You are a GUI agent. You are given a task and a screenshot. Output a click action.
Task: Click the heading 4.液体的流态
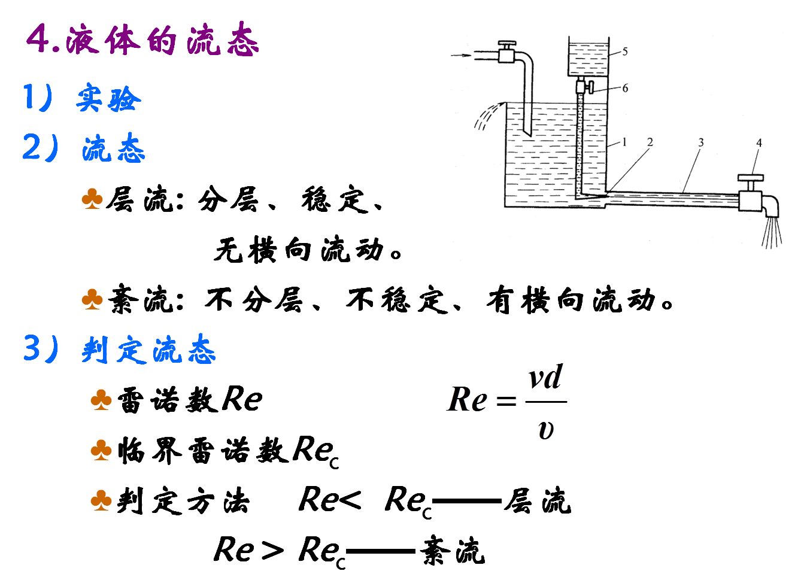click(142, 40)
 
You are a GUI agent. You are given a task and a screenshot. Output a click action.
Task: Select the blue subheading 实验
click(108, 99)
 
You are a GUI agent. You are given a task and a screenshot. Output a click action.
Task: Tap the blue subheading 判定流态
click(148, 350)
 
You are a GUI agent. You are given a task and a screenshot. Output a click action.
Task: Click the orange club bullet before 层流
click(92, 199)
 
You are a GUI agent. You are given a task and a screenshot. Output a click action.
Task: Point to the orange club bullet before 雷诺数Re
click(101, 400)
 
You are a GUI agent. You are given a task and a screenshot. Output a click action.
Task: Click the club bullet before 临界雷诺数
click(101, 449)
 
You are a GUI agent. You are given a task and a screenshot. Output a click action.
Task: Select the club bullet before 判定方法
click(101, 500)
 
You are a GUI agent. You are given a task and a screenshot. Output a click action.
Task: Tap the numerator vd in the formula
click(545, 378)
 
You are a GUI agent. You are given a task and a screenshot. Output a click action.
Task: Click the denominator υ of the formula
click(545, 429)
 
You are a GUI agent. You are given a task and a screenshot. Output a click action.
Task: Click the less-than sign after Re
click(348, 499)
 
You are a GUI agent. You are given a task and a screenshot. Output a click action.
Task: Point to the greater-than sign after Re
click(272, 549)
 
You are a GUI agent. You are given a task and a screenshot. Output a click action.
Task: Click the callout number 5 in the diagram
click(624, 51)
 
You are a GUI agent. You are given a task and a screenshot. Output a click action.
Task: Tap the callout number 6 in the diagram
click(624, 88)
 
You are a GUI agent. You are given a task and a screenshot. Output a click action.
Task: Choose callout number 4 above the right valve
click(759, 143)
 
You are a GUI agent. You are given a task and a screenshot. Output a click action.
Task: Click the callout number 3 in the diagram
click(700, 143)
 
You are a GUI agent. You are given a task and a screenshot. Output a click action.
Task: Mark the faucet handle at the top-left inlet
click(506, 45)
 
